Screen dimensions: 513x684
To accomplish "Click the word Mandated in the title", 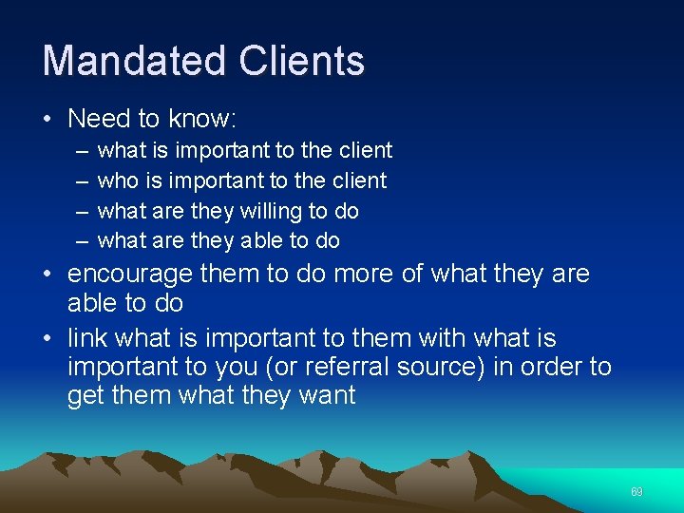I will click(132, 61).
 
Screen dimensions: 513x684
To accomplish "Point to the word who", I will click(118, 180).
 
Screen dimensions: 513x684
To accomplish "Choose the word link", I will click(87, 338).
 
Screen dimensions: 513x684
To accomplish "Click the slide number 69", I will click(636, 492).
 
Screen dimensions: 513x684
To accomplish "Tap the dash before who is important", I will click(78, 180).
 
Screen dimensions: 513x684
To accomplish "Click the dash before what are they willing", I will click(78, 211).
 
